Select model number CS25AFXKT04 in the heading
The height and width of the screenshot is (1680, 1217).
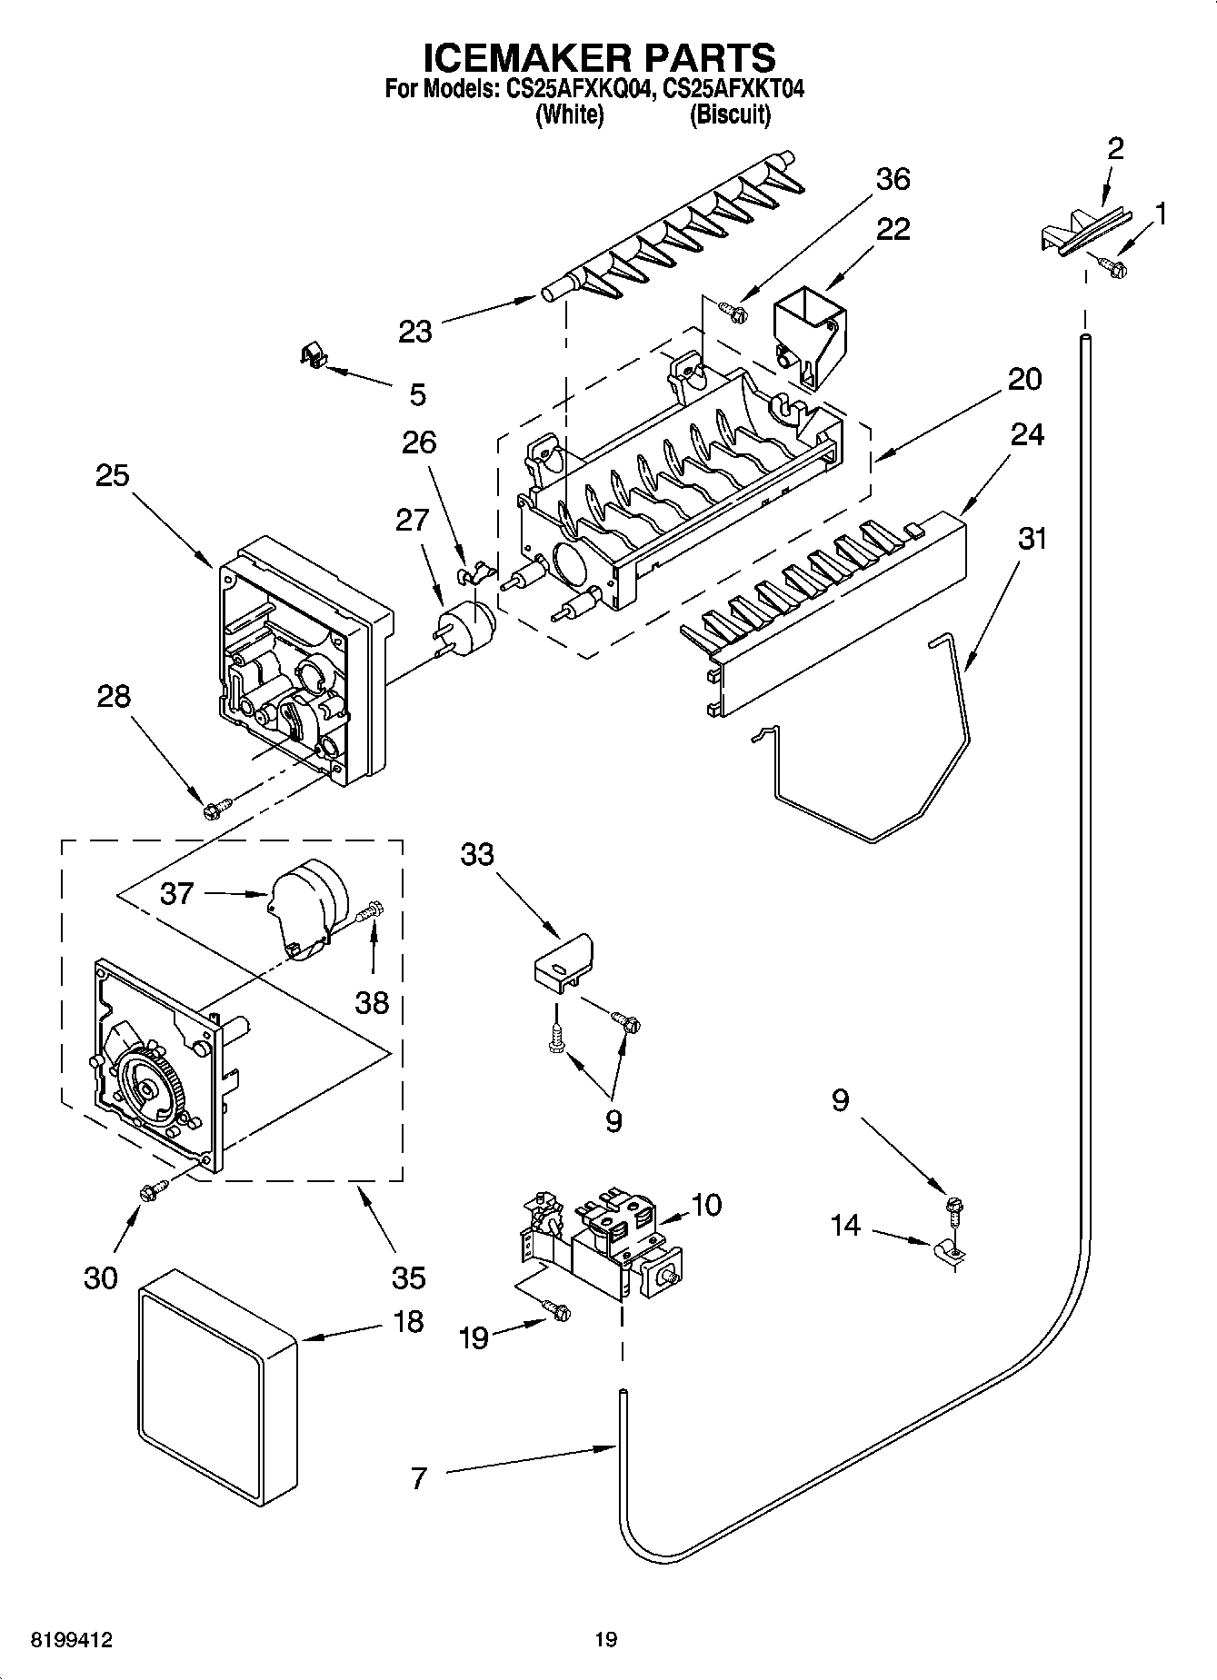733,89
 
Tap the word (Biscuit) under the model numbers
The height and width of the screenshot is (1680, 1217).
730,115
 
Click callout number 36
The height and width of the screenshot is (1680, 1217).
892,179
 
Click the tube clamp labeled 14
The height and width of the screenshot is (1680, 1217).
947,1254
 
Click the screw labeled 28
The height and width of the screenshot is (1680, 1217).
216,806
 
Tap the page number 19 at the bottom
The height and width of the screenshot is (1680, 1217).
605,1639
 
